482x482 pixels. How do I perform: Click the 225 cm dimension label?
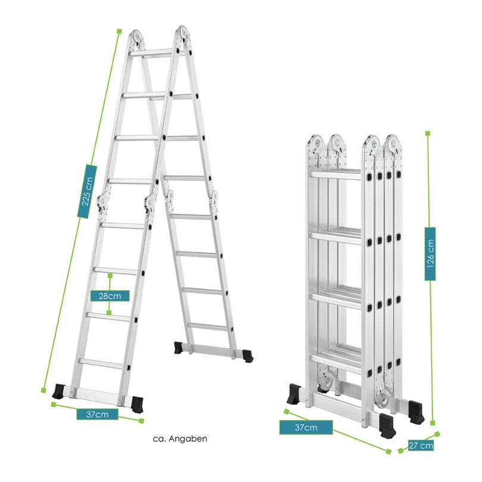[x=88, y=186]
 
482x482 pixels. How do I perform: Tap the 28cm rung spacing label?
[x=110, y=295]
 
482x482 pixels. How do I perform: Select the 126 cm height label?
[x=430, y=254]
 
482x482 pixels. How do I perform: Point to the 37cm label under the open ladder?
[x=97, y=414]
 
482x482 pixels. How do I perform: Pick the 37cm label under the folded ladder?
[x=298, y=427]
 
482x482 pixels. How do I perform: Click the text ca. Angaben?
[x=179, y=439]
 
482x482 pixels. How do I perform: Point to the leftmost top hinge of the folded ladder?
[x=314, y=145]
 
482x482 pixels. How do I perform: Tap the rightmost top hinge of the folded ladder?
[x=391, y=145]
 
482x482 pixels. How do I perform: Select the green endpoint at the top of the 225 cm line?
[x=119, y=30]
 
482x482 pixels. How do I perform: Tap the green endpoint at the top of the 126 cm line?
[x=427, y=133]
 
